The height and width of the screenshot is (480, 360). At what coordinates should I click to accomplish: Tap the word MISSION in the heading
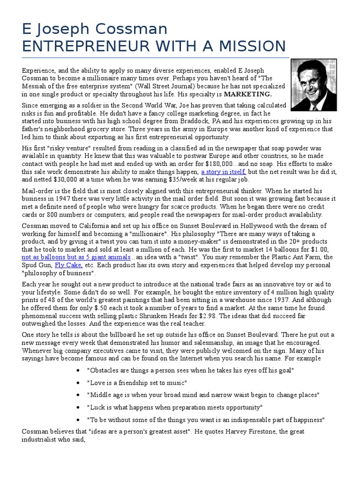click(x=247, y=46)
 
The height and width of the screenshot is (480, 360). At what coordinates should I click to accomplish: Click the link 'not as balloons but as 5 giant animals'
click(x=76, y=257)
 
